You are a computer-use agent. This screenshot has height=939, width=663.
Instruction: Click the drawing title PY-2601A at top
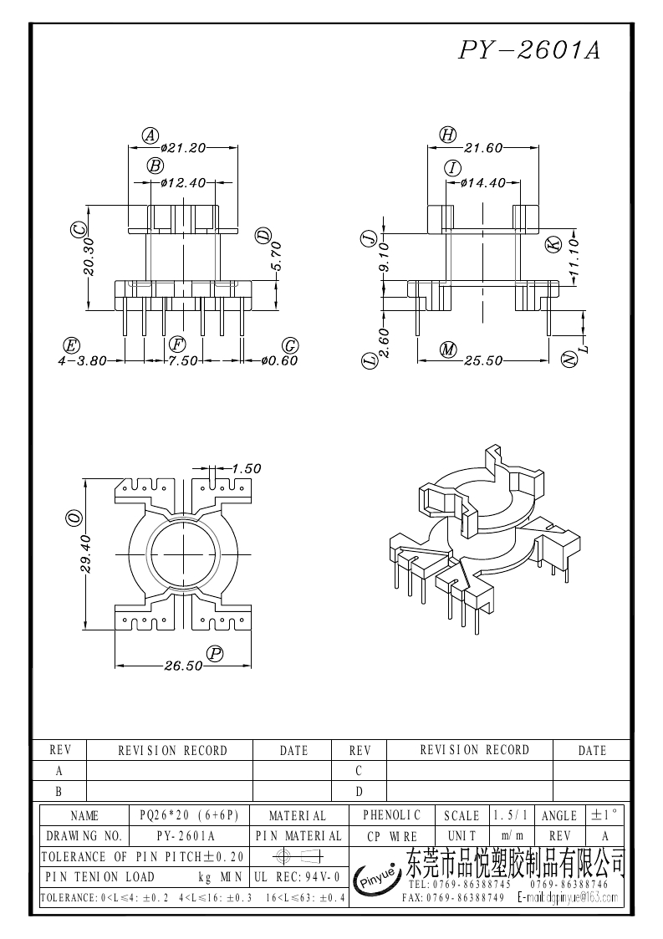[529, 50]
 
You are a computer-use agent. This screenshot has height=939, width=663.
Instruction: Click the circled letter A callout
[150, 135]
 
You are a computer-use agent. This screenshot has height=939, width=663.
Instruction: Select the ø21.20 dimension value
[183, 148]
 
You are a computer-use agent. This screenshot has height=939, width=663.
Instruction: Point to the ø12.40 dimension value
[184, 182]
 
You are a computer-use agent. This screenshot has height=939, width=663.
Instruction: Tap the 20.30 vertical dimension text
[89, 257]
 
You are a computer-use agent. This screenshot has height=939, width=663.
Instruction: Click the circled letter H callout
[447, 135]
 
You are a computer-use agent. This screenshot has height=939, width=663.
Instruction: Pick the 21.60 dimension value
[483, 148]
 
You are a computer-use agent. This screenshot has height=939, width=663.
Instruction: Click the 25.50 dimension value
[483, 361]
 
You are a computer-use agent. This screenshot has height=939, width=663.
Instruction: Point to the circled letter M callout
[448, 350]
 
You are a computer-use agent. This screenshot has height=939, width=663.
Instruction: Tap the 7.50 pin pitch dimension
[184, 361]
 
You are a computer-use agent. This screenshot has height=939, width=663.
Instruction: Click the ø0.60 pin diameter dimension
[279, 361]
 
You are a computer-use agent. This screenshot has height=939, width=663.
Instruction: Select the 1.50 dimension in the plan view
[246, 468]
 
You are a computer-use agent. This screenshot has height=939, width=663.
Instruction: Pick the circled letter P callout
[214, 654]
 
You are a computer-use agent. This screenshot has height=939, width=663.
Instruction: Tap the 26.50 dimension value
[184, 666]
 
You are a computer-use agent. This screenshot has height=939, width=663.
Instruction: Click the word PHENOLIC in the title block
[392, 815]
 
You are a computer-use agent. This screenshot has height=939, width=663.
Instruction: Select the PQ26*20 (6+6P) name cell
[189, 815]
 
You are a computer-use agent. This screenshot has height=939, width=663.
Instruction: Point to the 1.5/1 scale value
[511, 815]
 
